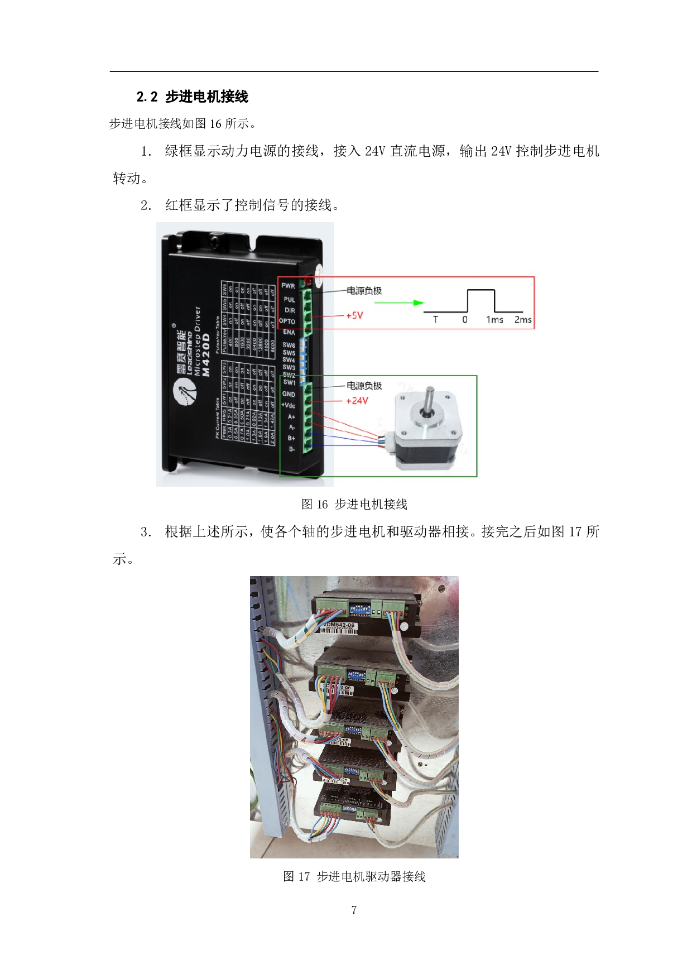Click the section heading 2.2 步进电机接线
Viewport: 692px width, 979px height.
click(193, 97)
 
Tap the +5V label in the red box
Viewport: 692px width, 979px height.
click(354, 315)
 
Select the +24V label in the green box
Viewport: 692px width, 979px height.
click(357, 401)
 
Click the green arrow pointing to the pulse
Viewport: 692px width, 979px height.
click(400, 303)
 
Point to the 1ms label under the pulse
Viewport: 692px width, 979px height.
click(494, 320)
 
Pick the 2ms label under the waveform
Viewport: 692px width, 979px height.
click(523, 320)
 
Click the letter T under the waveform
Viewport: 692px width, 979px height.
click(435, 320)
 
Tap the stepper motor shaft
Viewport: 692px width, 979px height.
click(429, 399)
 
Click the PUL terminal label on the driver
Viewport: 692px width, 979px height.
click(289, 300)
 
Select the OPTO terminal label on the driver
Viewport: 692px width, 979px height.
click(287, 321)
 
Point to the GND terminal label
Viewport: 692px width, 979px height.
click(289, 394)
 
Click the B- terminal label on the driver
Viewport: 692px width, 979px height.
click(291, 449)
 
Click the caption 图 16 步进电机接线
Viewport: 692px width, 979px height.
click(354, 505)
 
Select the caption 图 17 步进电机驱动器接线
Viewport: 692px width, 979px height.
click(354, 877)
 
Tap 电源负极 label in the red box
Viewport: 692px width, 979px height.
click(364, 291)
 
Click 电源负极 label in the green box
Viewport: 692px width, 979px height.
click(364, 386)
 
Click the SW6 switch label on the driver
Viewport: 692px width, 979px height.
click(289, 345)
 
